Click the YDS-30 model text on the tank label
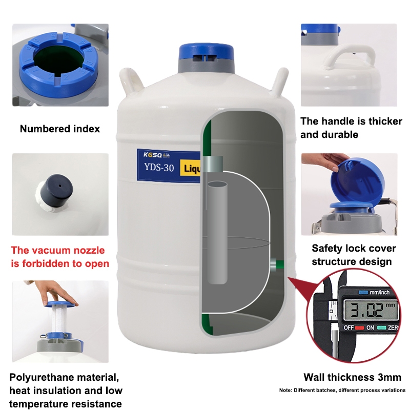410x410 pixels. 159,168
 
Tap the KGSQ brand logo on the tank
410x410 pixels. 157,155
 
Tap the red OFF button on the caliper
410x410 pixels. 359,327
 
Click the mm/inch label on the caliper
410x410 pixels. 379,292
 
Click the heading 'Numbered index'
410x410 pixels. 60,129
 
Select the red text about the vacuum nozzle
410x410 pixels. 60,257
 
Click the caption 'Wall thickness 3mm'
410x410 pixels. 352,377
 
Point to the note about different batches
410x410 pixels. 342,390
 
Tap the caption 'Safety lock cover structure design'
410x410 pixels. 354,255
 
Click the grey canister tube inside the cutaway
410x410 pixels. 217,233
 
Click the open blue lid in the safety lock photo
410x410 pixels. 357,180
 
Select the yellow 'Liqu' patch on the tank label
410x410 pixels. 190,168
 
